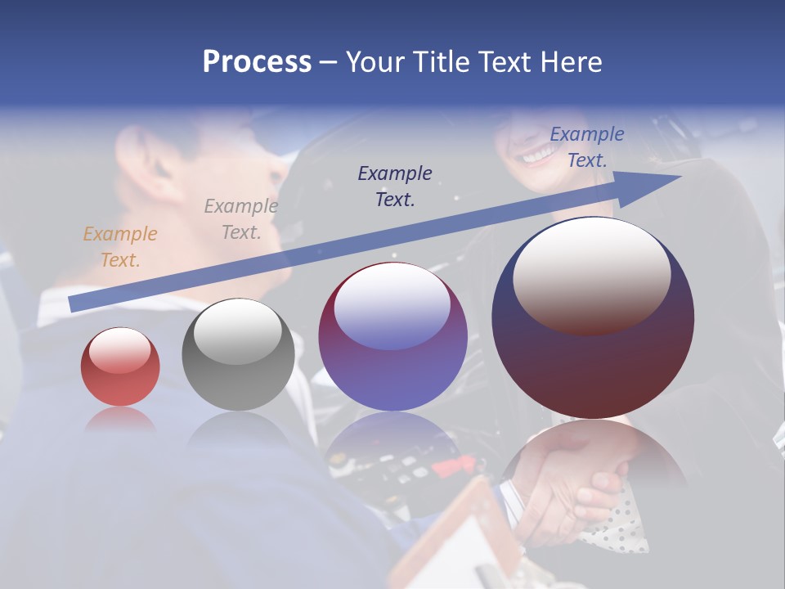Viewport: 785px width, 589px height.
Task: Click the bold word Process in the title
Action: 257,62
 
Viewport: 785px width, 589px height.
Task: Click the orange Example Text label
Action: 120,247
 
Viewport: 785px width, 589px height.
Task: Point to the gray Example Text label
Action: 241,219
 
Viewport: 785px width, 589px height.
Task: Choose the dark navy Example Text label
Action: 395,186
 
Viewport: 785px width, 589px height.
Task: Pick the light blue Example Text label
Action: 586,147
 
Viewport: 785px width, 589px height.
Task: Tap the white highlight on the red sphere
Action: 120,350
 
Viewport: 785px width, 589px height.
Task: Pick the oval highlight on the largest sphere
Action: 592,274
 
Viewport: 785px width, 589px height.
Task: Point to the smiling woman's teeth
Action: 537,153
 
